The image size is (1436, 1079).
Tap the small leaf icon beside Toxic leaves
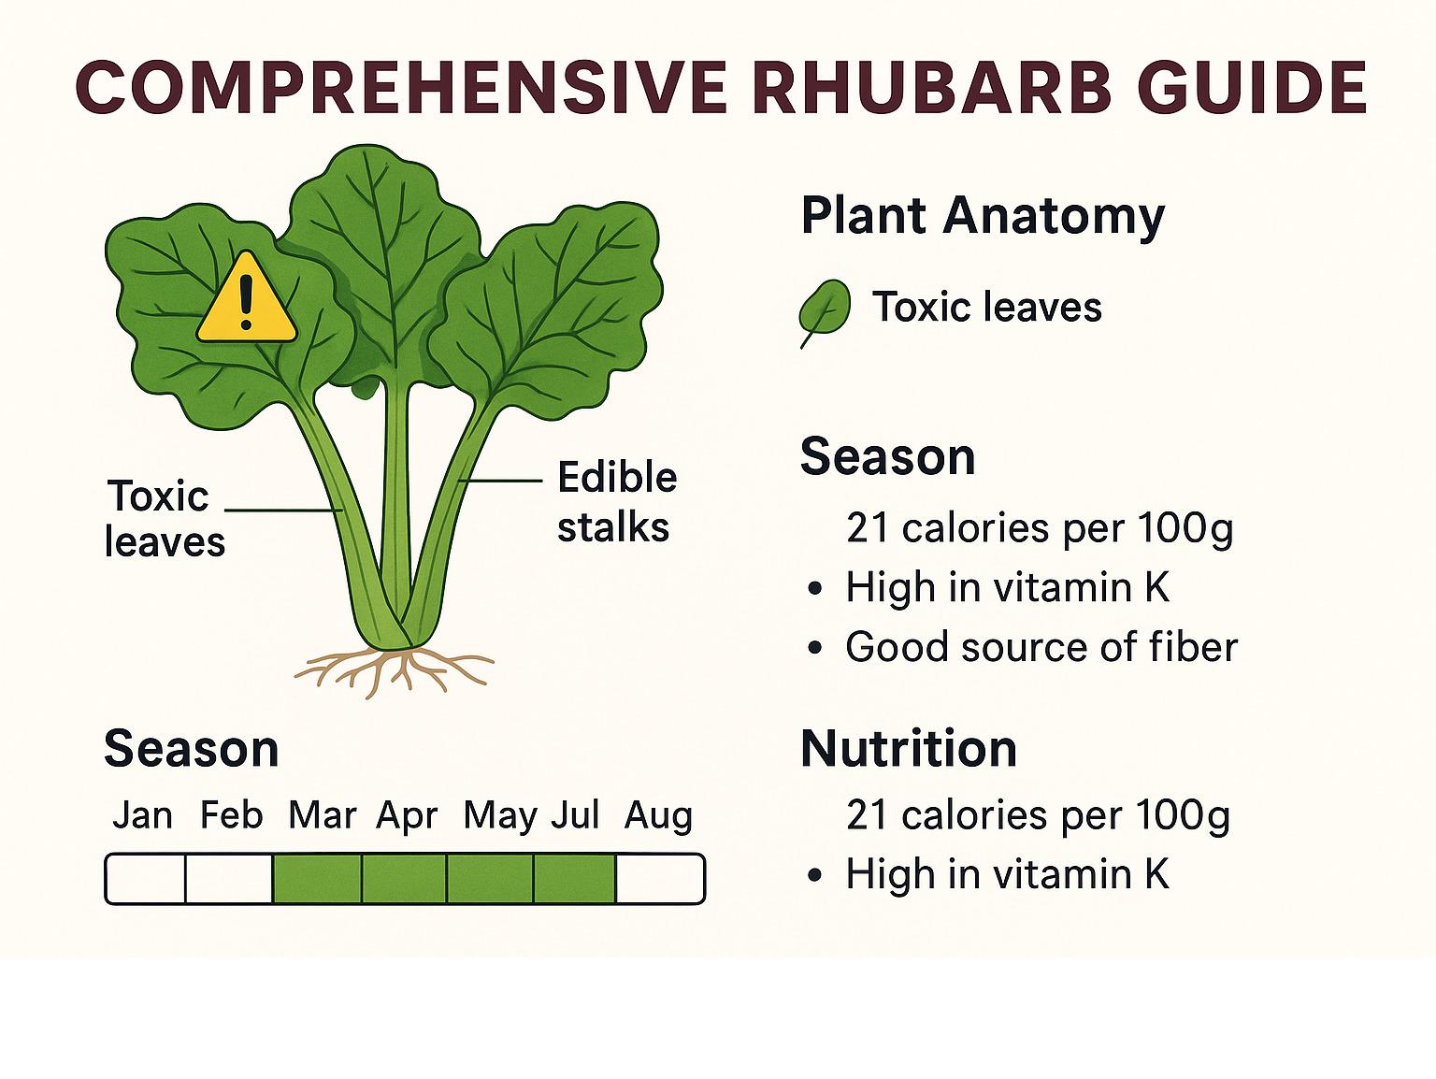click(825, 311)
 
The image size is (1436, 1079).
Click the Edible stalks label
click(616, 502)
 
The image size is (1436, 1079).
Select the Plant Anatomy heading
click(983, 216)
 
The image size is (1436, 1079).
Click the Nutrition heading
click(909, 749)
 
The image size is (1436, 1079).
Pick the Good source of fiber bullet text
click(1041, 646)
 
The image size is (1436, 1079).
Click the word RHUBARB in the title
click(931, 88)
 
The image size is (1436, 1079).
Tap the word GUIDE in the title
click(1252, 88)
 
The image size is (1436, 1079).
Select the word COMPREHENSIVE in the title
click(401, 88)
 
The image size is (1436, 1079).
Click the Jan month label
click(143, 815)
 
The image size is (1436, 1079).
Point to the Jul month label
click(575, 815)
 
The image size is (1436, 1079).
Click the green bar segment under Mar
click(317, 879)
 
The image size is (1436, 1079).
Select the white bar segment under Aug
click(659, 879)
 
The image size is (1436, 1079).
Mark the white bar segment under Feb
click(229, 879)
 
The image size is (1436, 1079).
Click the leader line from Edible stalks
click(500, 481)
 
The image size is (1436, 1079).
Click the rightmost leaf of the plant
click(550, 308)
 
